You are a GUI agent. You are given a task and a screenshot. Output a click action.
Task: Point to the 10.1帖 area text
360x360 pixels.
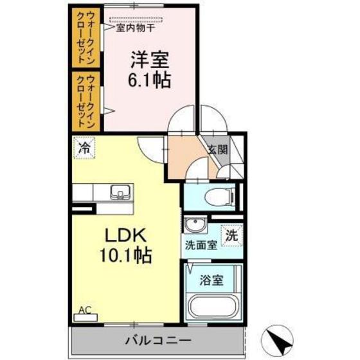coord(126,256)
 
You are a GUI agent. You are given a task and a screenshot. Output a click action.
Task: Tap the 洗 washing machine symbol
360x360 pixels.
coord(231,235)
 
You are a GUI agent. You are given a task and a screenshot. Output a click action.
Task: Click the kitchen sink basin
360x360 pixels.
coord(120,192)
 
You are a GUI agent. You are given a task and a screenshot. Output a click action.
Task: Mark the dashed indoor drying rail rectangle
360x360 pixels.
coord(137,20)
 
